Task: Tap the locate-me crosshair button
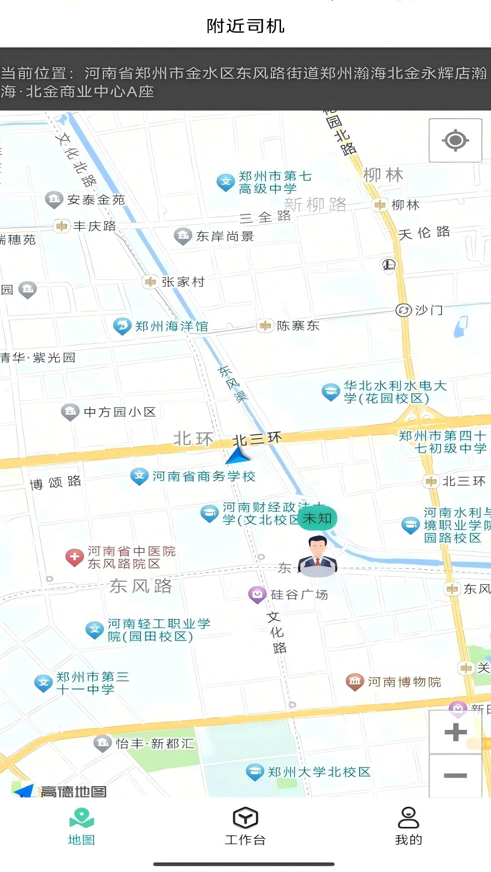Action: (455, 140)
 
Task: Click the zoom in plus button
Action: (455, 732)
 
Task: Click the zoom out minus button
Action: (455, 775)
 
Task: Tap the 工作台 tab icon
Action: (245, 818)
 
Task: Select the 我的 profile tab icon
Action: (408, 818)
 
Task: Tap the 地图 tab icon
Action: (81, 818)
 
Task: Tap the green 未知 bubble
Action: (317, 518)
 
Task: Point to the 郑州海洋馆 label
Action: (171, 326)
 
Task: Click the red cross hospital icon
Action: (75, 557)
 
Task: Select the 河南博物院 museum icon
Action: (355, 681)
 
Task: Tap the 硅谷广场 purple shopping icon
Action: (257, 594)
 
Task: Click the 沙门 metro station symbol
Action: (403, 310)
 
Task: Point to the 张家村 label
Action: (183, 282)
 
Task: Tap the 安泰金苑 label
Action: (96, 200)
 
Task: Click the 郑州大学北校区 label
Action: (319, 772)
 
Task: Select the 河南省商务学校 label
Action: (204, 476)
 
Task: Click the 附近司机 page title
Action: (245, 26)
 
